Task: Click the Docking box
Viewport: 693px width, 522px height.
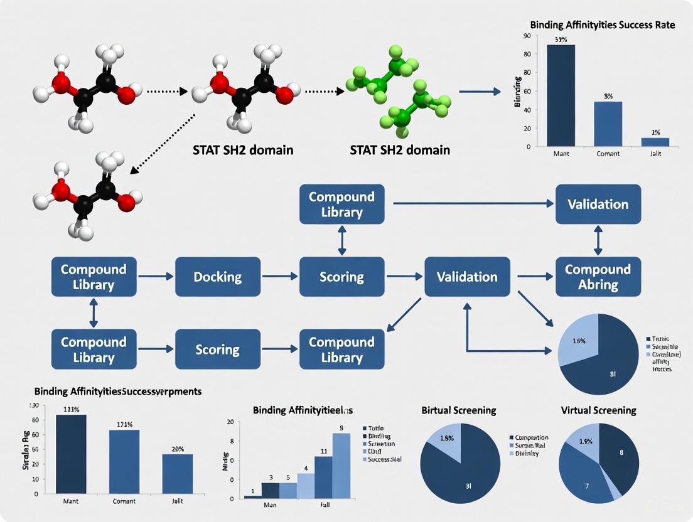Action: (217, 277)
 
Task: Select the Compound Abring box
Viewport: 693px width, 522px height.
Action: (598, 277)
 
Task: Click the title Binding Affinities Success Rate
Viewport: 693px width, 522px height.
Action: (602, 25)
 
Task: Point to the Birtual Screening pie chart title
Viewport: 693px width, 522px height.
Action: (458, 410)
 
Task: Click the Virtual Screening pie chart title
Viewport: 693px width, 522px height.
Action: (598, 410)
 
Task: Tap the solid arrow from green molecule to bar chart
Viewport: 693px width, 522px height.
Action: (480, 92)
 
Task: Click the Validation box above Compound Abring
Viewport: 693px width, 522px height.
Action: (598, 205)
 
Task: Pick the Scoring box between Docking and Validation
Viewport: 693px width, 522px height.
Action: (341, 277)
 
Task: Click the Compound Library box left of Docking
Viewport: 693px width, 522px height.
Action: (93, 277)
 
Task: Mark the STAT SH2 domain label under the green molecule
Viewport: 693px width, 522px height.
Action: (400, 151)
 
